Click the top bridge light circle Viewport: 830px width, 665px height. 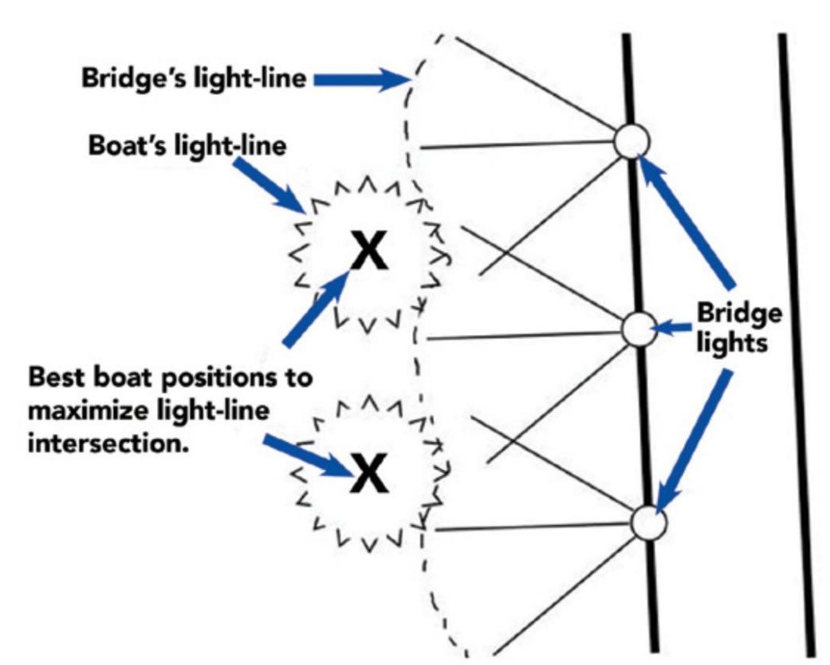632,143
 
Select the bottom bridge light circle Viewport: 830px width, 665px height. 647,524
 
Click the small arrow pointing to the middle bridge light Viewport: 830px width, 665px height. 671,327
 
